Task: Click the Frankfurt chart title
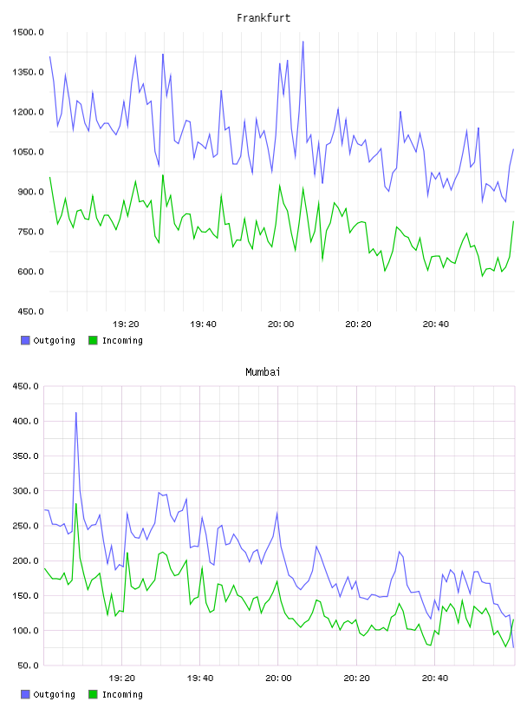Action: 263,18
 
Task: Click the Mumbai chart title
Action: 263,372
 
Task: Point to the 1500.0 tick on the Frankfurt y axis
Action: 28,32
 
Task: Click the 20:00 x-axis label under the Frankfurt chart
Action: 281,324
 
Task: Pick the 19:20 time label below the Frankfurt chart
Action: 126,324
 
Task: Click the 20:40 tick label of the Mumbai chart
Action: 435,678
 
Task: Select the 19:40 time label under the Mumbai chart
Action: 200,678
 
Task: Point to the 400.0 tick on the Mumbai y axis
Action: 25,422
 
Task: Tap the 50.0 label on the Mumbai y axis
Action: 28,665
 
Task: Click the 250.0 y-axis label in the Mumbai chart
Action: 25,526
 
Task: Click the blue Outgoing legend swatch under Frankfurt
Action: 25,340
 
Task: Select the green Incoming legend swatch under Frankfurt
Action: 93,340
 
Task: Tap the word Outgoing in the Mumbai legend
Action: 54,694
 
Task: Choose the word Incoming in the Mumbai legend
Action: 122,694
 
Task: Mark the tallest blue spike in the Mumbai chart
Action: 75,412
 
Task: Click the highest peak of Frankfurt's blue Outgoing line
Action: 303,42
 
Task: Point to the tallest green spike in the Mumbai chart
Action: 75,504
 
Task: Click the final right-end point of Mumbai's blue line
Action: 513,647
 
